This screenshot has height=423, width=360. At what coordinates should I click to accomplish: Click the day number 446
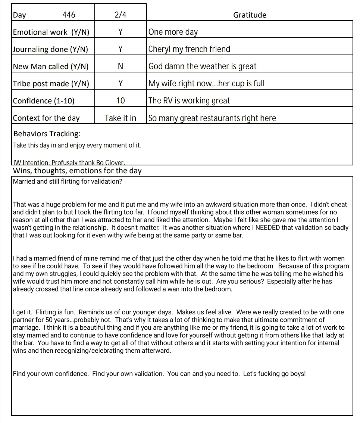pyautogui.click(x=69, y=15)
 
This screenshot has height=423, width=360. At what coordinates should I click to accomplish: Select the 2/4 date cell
pyautogui.click(x=120, y=15)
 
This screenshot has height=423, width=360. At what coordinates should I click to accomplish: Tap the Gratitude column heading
pyautogui.click(x=250, y=15)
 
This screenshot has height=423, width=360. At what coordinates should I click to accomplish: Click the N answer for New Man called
pyautogui.click(x=120, y=66)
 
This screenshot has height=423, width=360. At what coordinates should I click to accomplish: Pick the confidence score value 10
pyautogui.click(x=120, y=101)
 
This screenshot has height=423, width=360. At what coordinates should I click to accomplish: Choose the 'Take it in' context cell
pyautogui.click(x=120, y=118)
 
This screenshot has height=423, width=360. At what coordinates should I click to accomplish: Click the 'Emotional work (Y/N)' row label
pyautogui.click(x=51, y=32)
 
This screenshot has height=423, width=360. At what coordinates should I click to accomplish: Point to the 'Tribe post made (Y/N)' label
pyautogui.click(x=51, y=84)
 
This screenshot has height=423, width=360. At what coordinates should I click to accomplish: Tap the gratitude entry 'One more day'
pyautogui.click(x=173, y=32)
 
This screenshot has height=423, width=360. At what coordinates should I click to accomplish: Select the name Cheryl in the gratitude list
pyautogui.click(x=160, y=49)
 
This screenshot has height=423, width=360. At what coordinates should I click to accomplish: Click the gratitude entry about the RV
pyautogui.click(x=189, y=101)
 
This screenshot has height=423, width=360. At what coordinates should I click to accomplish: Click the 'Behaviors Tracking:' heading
pyautogui.click(x=47, y=134)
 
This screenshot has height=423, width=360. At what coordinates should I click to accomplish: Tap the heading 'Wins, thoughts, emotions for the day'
pyautogui.click(x=77, y=171)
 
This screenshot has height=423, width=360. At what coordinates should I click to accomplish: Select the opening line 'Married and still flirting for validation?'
pyautogui.click(x=68, y=182)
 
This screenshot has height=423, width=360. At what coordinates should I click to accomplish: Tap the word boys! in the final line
pyautogui.click(x=298, y=374)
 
